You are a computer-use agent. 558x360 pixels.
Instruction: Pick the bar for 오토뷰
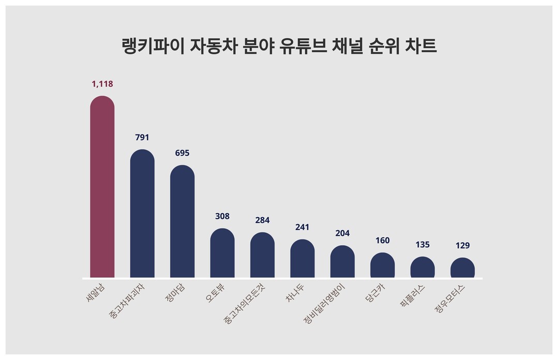[x=222, y=253]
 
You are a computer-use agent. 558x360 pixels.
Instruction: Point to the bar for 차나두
[x=303, y=259]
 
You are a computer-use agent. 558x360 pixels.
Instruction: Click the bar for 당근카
[x=382, y=265]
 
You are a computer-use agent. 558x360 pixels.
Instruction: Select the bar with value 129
[x=462, y=268]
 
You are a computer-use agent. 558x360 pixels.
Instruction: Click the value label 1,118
[x=102, y=84]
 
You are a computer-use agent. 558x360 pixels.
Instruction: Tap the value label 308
[x=222, y=216]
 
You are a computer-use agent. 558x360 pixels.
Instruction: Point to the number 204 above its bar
[x=342, y=233]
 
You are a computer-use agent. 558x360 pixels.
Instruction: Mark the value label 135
[x=423, y=245]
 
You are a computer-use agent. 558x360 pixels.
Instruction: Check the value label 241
[x=303, y=227]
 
